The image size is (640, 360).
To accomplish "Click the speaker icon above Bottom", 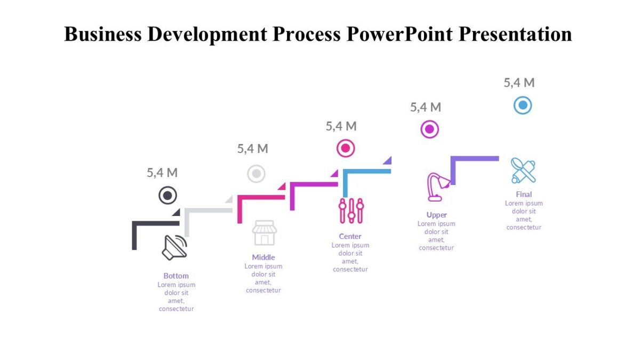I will point(175,247).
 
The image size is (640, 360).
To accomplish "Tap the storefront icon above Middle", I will point(265,233).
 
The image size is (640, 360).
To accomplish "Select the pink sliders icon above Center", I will point(351,211).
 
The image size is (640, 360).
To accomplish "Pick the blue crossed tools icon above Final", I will point(523,171).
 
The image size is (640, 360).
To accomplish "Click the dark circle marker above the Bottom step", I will point(167,196).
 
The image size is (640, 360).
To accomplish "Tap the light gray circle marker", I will point(256,173).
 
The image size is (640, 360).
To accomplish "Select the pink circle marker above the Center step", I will point(346,148).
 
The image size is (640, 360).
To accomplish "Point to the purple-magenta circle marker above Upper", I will point(429,129).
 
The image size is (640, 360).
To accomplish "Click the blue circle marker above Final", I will point(523,105).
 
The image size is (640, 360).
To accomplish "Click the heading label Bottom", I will point(176,276).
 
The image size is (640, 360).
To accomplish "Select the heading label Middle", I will point(263,257).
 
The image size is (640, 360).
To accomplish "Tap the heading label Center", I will point(350,236).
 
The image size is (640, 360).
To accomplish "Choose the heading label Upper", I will point(436,215).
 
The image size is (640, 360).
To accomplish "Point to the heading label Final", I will point(524,194).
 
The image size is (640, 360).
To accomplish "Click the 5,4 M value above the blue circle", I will point(519,83).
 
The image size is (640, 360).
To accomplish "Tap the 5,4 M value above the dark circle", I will point(162,172).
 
